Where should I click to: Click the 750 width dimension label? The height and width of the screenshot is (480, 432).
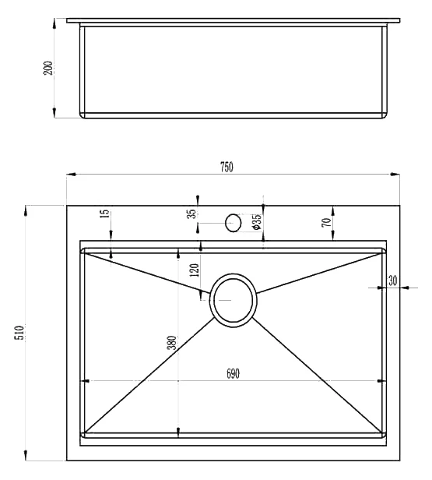[x=227, y=167]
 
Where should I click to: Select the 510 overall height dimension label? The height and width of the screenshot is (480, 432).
[x=19, y=333]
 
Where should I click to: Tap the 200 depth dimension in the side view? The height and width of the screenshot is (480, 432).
[x=47, y=68]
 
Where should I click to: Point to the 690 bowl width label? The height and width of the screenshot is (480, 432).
[x=233, y=373]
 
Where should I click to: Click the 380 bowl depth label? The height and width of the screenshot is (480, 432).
[x=172, y=343]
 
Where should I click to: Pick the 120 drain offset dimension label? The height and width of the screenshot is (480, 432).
[x=194, y=270]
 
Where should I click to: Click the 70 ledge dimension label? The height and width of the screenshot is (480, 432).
[x=326, y=222]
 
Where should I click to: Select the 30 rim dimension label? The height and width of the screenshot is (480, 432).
[x=392, y=281]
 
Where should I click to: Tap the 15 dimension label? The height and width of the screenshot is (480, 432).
[x=104, y=214]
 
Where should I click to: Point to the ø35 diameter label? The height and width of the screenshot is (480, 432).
[x=256, y=221]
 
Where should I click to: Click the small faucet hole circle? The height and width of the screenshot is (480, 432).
[x=233, y=223]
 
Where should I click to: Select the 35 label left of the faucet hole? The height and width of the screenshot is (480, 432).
[x=192, y=214]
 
